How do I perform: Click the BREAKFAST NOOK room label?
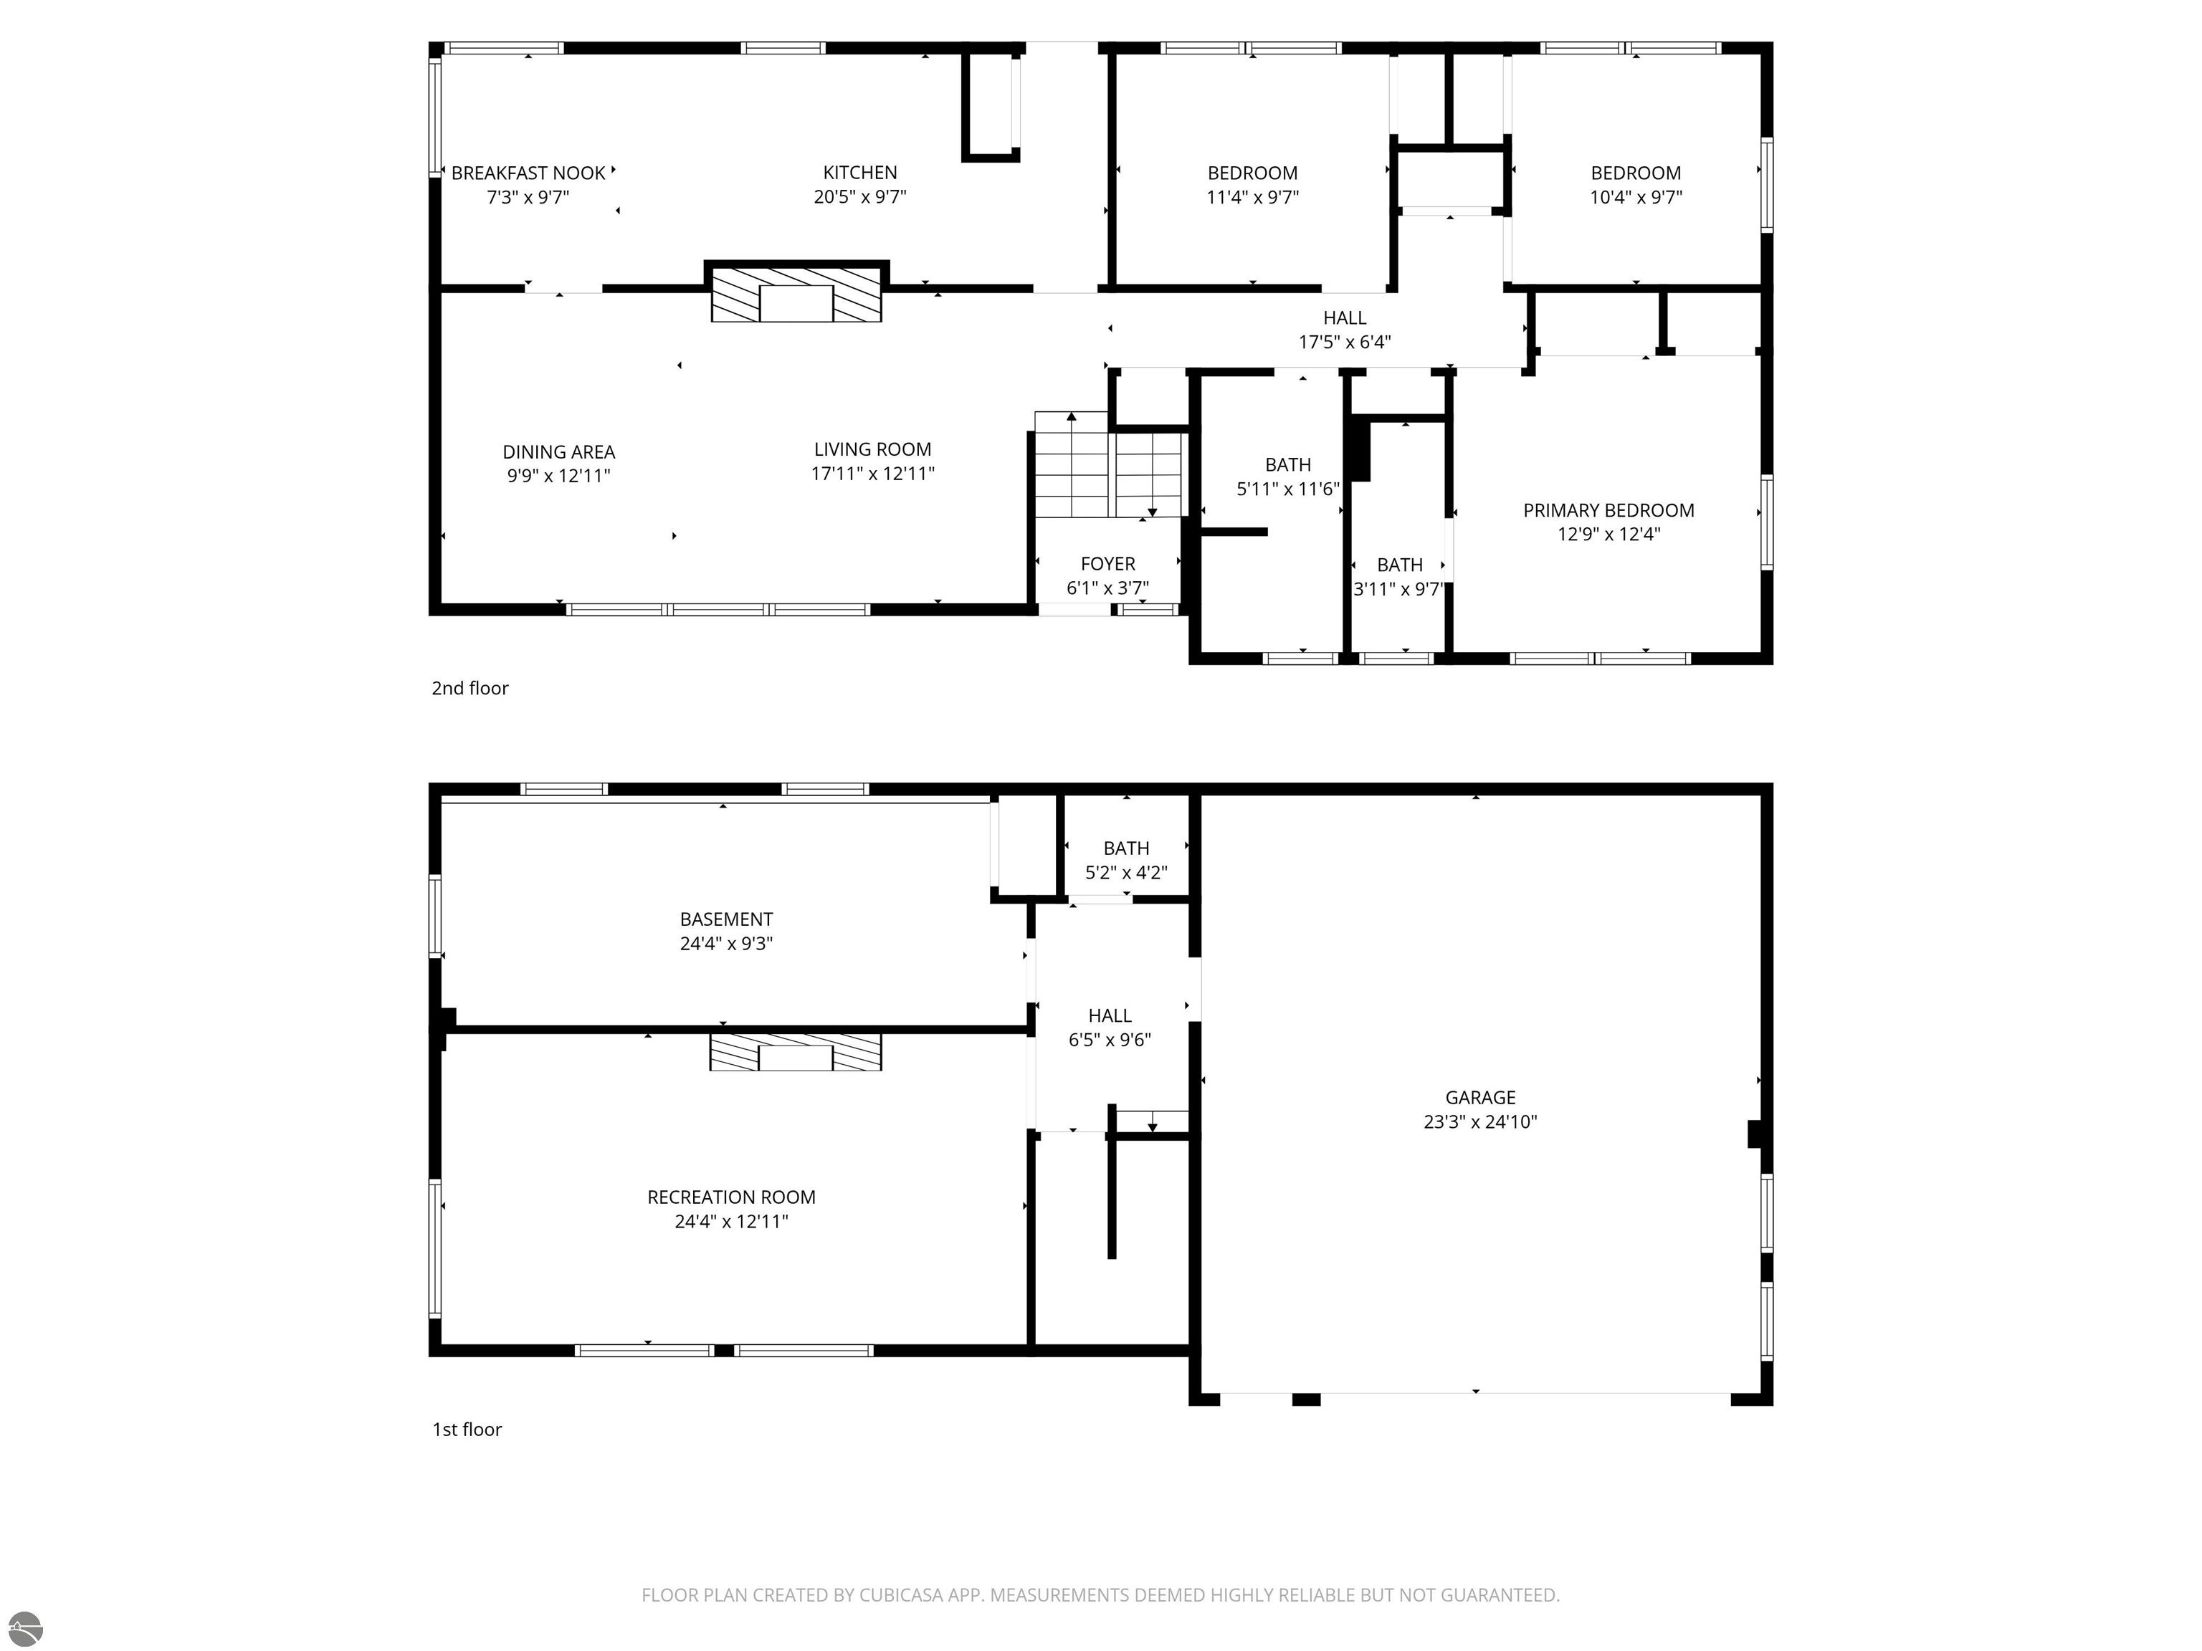tap(528, 173)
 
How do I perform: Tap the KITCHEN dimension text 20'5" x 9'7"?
tap(860, 197)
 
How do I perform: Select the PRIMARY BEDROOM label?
tap(1608, 510)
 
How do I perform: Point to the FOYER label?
tap(1108, 564)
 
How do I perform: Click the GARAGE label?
tap(1480, 1098)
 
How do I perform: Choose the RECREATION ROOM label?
tap(732, 1197)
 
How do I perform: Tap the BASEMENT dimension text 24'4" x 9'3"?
tap(727, 944)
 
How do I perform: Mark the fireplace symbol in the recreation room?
tap(796, 1053)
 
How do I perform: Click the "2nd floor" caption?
tap(470, 689)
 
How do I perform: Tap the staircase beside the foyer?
tap(1108, 465)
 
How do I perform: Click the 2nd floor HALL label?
tap(1345, 318)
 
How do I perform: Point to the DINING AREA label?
tap(558, 452)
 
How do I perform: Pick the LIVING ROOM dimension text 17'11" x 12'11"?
tap(873, 474)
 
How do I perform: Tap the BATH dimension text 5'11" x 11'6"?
tap(1288, 489)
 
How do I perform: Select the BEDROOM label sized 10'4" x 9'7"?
tap(1636, 173)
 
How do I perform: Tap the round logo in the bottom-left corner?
tap(25, 1629)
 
